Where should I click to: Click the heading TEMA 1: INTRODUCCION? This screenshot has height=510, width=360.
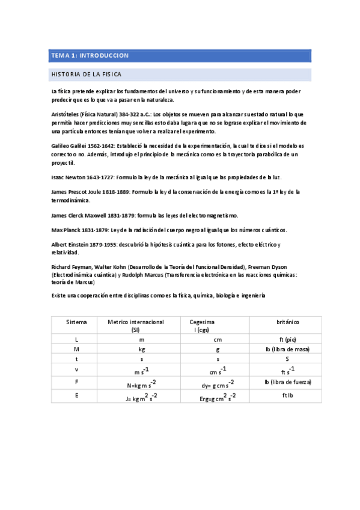click(90, 56)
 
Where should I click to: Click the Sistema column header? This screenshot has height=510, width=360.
click(76, 322)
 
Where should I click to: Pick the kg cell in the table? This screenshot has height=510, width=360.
click(141, 349)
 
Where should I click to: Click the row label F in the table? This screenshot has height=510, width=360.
click(76, 382)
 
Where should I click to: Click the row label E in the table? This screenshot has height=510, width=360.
click(76, 396)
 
